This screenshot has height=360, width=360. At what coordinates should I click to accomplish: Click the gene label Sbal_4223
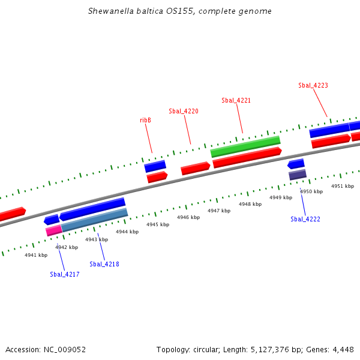313,85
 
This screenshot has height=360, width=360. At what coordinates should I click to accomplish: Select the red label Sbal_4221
236,100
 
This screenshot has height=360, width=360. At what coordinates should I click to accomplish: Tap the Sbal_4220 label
184,111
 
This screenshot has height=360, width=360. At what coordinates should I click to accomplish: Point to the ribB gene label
145,120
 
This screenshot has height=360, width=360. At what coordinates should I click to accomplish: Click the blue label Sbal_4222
305,219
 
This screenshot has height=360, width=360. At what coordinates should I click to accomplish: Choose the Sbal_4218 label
104,264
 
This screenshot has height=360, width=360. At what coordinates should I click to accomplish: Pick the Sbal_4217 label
65,274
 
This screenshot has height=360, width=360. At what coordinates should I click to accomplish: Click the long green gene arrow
245,146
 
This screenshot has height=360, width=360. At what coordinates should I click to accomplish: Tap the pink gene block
53,230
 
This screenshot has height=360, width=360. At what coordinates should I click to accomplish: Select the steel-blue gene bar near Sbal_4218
95,220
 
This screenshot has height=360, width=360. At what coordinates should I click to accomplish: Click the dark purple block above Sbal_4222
298,175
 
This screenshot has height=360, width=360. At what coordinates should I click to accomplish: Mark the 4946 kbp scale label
188,217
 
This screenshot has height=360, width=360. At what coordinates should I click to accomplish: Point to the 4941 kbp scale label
36,255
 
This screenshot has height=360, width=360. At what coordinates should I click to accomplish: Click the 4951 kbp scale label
343,186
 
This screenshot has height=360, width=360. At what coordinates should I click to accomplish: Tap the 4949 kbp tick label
281,197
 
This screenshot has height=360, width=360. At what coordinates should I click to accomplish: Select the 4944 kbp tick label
127,232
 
